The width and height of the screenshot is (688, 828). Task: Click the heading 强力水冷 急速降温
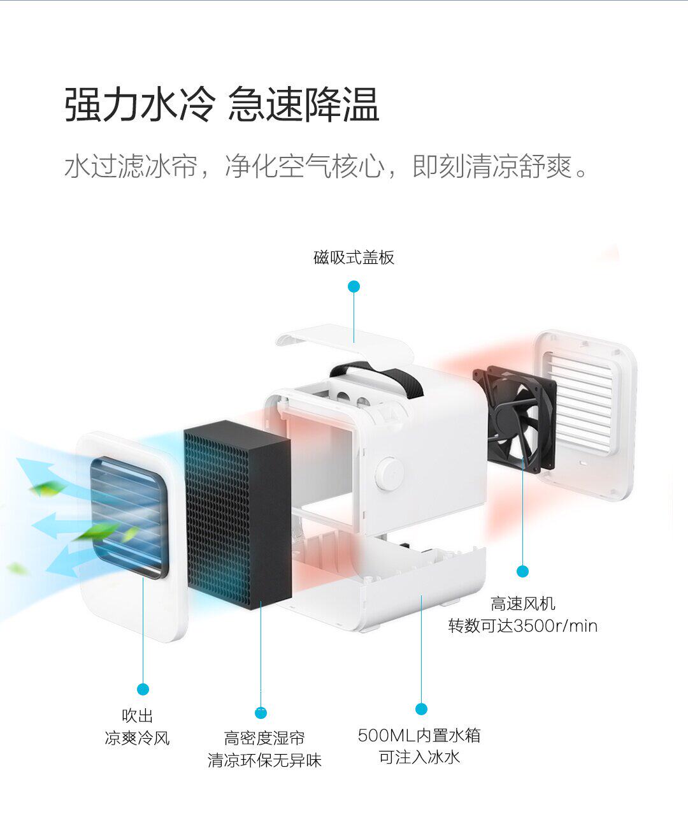[x=222, y=105]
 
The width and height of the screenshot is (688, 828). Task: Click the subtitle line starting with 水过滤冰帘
[x=326, y=167]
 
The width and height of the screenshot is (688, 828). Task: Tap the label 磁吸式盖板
[x=354, y=258]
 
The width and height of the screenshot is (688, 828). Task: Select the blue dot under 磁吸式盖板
[x=354, y=287]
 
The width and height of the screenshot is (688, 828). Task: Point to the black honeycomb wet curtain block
[x=237, y=510]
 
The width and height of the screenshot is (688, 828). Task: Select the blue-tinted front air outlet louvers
[x=127, y=516]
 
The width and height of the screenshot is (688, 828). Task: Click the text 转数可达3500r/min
[x=522, y=626]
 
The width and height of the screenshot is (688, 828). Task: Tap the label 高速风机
[x=523, y=603]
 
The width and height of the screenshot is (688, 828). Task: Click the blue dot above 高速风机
[x=522, y=571]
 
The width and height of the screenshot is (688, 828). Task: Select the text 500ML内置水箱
[x=419, y=736]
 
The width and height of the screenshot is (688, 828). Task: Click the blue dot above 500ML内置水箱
[x=420, y=709]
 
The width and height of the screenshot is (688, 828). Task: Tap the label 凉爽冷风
[x=138, y=738]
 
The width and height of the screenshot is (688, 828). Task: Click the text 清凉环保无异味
[x=265, y=760]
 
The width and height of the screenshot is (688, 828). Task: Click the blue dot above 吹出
[x=143, y=689]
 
